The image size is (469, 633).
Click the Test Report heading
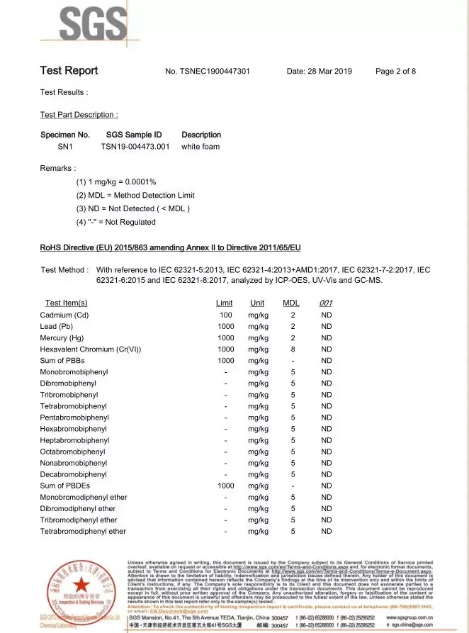pos(69,71)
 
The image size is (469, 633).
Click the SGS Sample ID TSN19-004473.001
pos(135,147)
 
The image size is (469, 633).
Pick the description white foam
pos(200,147)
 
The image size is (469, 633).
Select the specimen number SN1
pos(64,147)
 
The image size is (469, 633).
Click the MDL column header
pos(291,303)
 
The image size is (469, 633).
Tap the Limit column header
pos(224,303)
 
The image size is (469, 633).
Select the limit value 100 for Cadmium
pos(225,315)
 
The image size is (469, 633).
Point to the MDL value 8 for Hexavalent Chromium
pos(293,349)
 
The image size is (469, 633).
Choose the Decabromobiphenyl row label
pos(74,474)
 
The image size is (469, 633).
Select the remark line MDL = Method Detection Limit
pos(135,195)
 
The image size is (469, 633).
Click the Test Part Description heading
pos(79,115)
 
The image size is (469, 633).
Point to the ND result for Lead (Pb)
pos(326,327)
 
